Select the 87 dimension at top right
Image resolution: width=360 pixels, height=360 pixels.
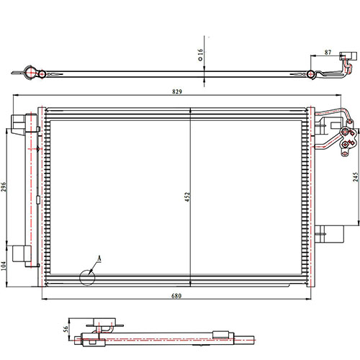pyautogui.click(x=328, y=53)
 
